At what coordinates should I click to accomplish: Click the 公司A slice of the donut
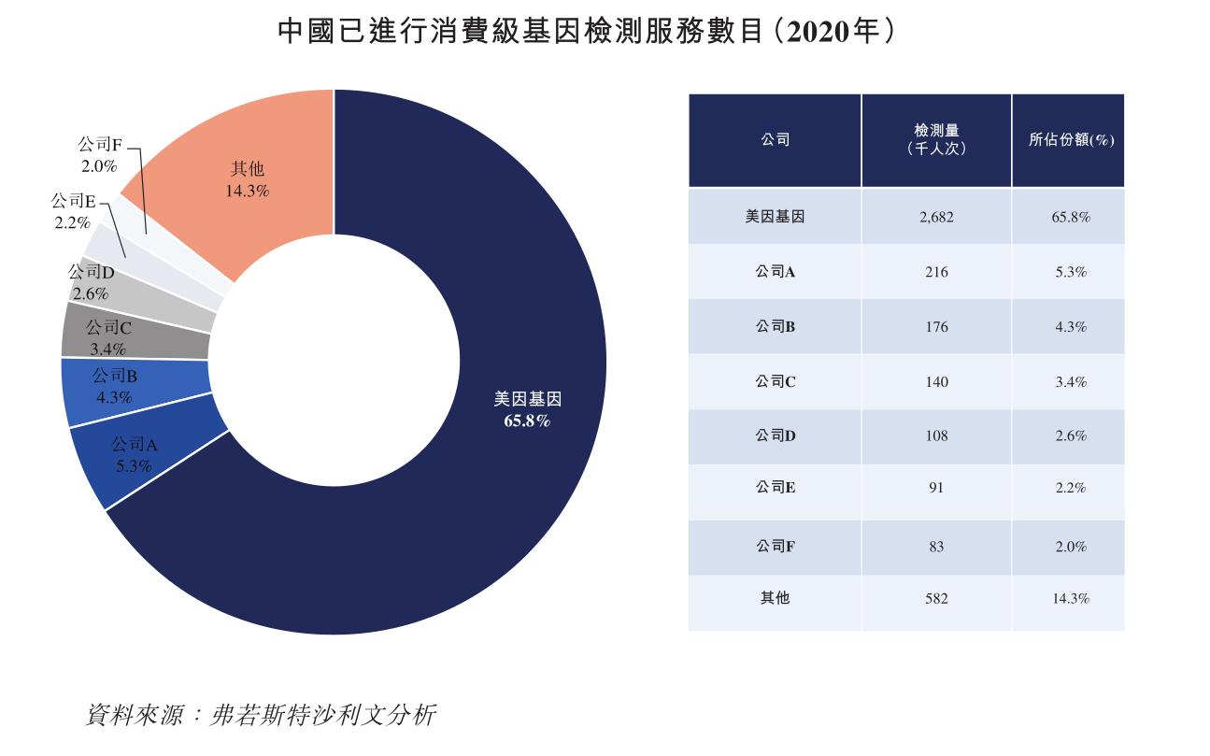(140, 458)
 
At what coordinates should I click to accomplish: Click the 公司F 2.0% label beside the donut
(99, 155)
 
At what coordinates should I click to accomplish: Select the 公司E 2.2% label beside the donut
(73, 212)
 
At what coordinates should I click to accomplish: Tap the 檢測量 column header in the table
(935, 139)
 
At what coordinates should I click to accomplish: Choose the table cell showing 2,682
(935, 217)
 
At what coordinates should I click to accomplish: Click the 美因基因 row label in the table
(775, 217)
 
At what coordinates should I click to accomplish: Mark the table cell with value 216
(935, 272)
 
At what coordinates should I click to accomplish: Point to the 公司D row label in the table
(775, 435)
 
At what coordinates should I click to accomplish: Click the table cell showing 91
(935, 488)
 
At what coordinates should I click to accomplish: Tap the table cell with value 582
(935, 598)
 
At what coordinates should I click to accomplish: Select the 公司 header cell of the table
(775, 139)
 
